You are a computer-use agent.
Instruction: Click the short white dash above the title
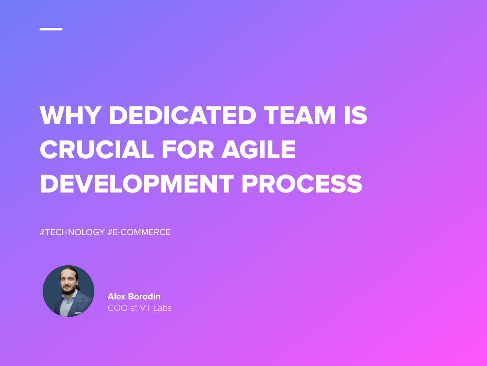(x=51, y=29)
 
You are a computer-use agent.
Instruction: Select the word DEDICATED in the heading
(x=183, y=115)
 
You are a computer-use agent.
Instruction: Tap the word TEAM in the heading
(x=300, y=115)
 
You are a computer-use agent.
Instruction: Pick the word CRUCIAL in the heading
(x=97, y=150)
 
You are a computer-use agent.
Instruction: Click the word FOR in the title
(x=188, y=150)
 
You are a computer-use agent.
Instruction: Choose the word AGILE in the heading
(x=259, y=150)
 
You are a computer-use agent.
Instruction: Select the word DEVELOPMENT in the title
(x=137, y=184)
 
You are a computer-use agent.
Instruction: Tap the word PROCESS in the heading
(x=302, y=184)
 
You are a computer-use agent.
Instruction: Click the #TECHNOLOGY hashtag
(x=72, y=232)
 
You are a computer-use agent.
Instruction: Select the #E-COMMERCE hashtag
(x=139, y=232)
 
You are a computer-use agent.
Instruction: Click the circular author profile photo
(x=68, y=291)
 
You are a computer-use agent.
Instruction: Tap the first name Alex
(x=116, y=296)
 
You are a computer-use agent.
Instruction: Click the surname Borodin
(x=144, y=296)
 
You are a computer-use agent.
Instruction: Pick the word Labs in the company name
(x=162, y=308)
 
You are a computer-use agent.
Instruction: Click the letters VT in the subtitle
(x=145, y=308)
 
